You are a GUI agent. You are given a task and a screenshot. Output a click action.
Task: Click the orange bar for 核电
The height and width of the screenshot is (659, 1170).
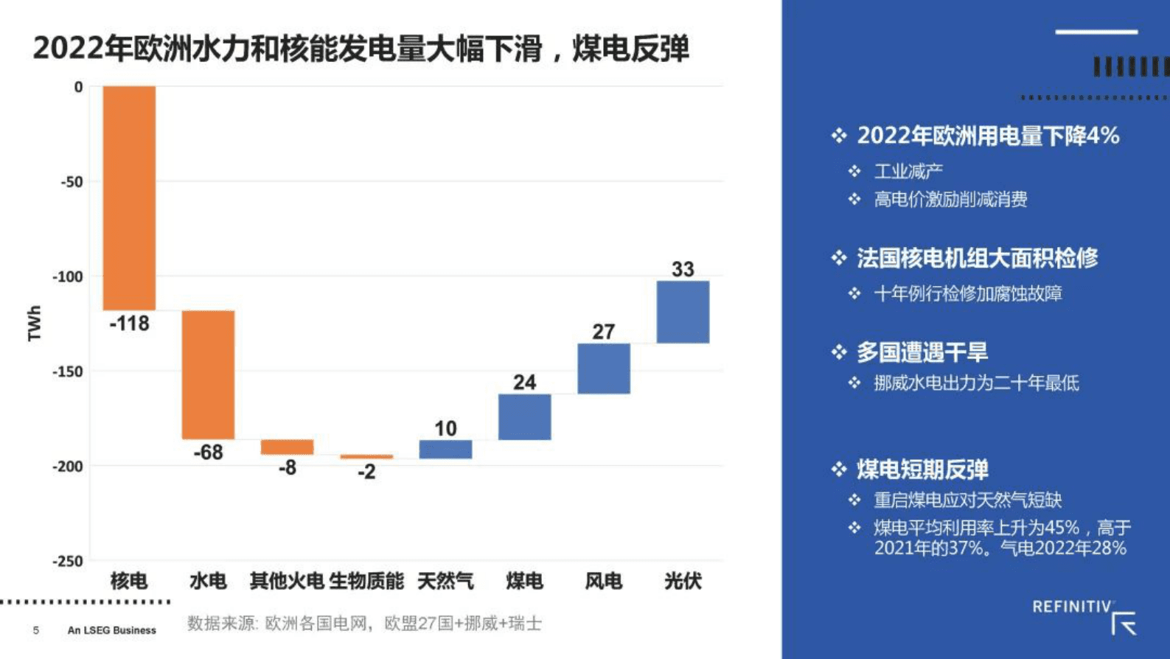[129, 198]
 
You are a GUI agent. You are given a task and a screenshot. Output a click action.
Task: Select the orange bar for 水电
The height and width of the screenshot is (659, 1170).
[209, 374]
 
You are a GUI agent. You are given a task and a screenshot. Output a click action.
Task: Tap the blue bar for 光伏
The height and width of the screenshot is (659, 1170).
[683, 312]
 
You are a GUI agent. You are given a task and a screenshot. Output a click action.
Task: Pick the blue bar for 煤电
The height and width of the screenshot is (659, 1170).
[524, 417]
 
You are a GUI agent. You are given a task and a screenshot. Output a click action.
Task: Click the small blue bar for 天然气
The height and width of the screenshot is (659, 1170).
[445, 450]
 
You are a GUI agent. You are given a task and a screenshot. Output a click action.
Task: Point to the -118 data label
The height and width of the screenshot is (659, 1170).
[129, 324]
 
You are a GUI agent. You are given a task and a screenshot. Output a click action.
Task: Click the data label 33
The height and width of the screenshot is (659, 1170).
[683, 269]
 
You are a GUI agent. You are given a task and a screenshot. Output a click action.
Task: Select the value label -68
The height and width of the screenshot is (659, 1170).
[209, 453]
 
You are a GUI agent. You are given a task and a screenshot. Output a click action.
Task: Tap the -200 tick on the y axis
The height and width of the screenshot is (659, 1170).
[68, 467]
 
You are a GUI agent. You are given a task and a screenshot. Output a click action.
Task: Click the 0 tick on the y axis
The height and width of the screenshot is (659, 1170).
[78, 87]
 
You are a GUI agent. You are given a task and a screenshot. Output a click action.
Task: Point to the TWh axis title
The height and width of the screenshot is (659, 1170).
[35, 323]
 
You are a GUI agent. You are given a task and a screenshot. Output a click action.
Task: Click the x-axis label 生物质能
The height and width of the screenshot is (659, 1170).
[366, 582]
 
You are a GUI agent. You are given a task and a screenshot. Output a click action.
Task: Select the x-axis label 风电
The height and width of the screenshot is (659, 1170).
[604, 582]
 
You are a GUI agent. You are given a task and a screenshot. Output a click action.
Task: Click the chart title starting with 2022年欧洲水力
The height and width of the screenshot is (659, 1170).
[361, 49]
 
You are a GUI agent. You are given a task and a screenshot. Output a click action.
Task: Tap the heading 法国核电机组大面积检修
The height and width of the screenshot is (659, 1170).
[977, 258]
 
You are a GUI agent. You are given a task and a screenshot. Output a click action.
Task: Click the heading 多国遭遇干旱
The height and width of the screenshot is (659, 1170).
[922, 352]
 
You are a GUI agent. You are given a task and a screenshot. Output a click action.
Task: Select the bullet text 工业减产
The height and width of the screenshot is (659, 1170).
[908, 172]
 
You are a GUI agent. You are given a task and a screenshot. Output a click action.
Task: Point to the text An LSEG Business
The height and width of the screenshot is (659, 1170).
[112, 630]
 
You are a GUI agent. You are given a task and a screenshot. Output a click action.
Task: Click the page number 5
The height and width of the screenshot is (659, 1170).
[36, 630]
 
